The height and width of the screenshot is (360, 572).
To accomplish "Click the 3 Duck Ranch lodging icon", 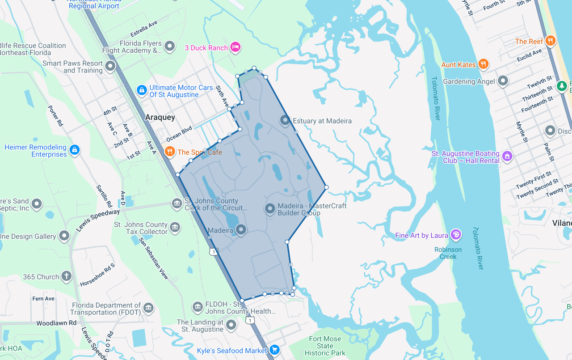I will [236, 47].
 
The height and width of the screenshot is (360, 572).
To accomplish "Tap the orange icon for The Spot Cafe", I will [169, 152].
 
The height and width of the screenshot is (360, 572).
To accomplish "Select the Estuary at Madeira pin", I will [285, 120].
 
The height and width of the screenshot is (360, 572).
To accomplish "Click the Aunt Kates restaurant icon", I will [483, 64].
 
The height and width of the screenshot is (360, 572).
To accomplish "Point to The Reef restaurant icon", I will [551, 41].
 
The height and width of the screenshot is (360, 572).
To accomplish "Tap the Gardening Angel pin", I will [503, 81].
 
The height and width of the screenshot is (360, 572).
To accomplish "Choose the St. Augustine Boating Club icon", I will [507, 156].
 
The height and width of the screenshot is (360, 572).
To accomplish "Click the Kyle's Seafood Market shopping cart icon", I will [275, 350].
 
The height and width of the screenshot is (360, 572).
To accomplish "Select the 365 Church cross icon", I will [67, 276].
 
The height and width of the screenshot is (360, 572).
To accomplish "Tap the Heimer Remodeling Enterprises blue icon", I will [75, 149].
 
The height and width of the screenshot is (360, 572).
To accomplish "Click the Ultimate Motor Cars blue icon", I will [142, 90].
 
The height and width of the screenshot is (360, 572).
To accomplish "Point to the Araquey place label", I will [160, 117].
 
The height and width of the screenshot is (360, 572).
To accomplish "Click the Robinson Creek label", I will [448, 253].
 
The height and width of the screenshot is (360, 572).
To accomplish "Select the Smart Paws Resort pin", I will [110, 67].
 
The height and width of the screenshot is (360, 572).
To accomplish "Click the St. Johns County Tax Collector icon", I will [175, 227].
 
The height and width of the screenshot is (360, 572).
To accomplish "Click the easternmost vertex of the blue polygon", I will [327, 187].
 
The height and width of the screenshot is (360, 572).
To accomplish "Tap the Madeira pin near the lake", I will [241, 230].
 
